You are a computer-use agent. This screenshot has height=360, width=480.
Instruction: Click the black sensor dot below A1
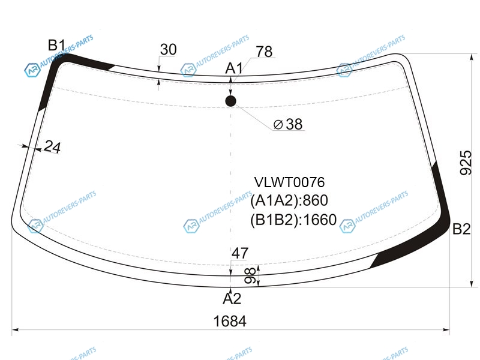(231, 101)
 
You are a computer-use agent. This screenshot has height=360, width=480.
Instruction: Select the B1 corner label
(56, 45)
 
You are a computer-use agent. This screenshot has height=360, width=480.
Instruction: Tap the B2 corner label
(462, 229)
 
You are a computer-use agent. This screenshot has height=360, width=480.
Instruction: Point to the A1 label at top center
(233, 68)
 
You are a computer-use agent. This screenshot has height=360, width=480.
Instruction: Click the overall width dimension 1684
(230, 321)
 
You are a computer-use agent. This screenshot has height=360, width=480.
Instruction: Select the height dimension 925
(465, 162)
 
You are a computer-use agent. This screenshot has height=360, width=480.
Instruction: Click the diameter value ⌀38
(287, 124)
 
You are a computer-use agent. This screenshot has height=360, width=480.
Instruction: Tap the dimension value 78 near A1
(263, 52)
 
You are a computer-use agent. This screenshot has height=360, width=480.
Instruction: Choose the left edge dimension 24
(52, 147)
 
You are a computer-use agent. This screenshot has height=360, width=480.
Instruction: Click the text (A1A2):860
(289, 201)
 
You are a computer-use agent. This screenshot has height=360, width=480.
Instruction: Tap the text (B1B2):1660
(293, 220)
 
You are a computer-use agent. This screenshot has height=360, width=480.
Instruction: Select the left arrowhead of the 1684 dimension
(14, 329)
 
